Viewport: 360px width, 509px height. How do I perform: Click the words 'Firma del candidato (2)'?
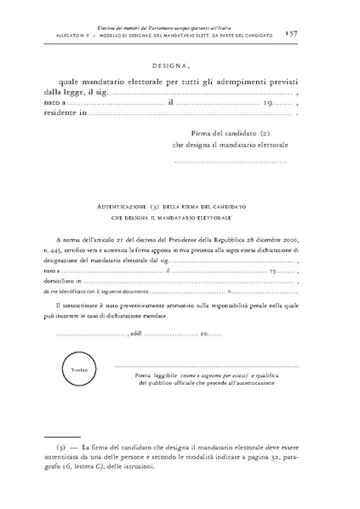click(231, 134)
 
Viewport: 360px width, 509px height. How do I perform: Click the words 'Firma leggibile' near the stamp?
click(154, 375)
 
